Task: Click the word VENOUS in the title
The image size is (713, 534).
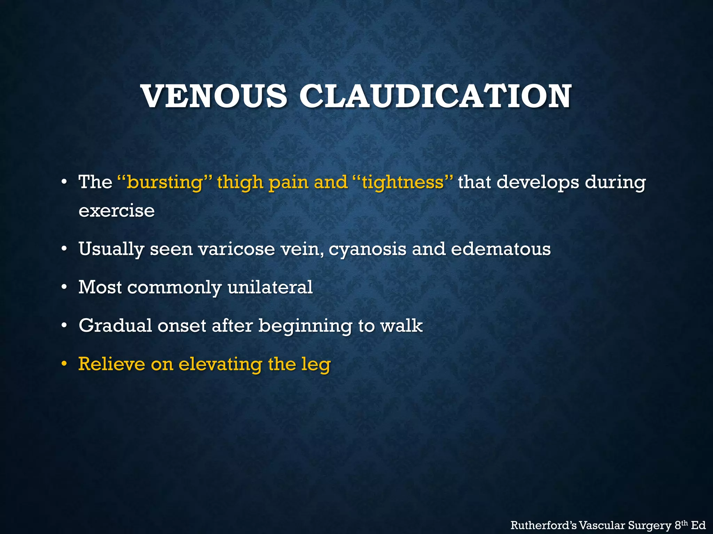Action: [x=214, y=96]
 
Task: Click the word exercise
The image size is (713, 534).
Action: [x=117, y=211]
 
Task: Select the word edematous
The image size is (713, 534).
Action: [x=501, y=249]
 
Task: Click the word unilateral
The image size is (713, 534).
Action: [x=270, y=287]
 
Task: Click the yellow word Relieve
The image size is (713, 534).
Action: [x=111, y=364]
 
